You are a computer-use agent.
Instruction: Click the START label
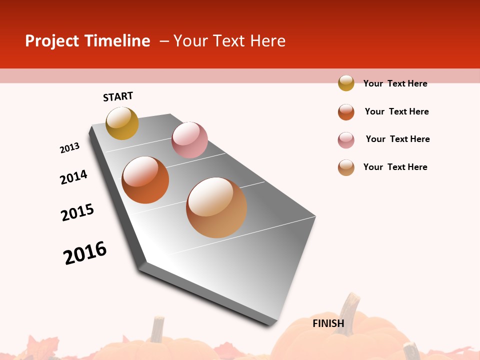(x=118, y=96)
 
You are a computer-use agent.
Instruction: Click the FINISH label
(x=328, y=323)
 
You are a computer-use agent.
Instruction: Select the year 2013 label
(x=69, y=148)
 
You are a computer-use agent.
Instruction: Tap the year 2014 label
(x=73, y=177)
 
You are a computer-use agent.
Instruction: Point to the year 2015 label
(x=77, y=212)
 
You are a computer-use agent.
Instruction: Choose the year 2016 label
(x=85, y=253)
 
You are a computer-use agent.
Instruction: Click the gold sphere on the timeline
(x=122, y=123)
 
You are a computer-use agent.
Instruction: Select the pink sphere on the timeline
(x=189, y=140)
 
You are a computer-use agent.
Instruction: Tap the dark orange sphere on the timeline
(x=145, y=180)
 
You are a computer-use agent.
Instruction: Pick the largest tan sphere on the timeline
(x=216, y=207)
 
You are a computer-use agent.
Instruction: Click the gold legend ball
(x=346, y=83)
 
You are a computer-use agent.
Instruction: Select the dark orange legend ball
(x=346, y=112)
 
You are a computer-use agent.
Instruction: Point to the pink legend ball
(x=346, y=140)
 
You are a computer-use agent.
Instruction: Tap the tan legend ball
(x=346, y=167)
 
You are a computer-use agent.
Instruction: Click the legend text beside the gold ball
(x=395, y=83)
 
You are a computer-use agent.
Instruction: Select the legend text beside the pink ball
(x=397, y=139)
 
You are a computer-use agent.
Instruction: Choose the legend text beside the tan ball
(x=395, y=167)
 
